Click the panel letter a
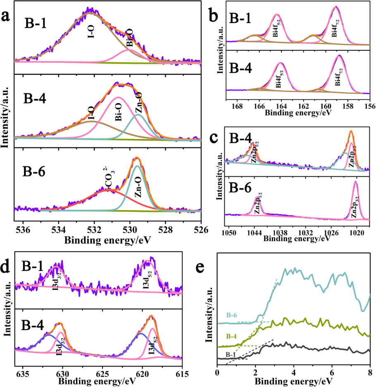point(6,17)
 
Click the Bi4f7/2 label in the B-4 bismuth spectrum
point(338,75)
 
